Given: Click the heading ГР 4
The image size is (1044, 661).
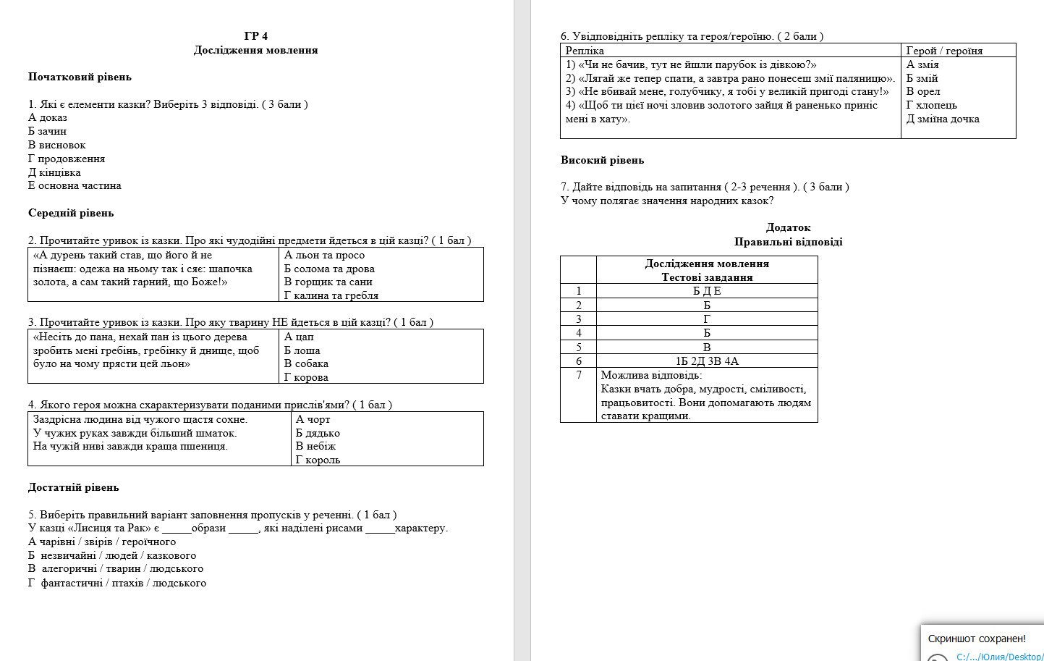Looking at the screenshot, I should [x=256, y=36].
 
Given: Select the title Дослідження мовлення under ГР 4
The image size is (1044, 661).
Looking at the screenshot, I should [x=256, y=50].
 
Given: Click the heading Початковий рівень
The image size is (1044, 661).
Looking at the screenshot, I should [x=80, y=77].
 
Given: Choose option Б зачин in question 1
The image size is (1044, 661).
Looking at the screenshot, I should [x=47, y=131].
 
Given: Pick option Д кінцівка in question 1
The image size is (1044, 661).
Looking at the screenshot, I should [x=54, y=172].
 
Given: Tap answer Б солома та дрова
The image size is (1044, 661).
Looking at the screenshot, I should [x=329, y=269].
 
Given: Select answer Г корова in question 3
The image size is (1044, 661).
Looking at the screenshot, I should [x=306, y=377].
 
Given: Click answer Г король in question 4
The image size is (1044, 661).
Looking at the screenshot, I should [x=318, y=460].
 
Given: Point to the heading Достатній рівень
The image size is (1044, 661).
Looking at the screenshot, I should [x=73, y=487].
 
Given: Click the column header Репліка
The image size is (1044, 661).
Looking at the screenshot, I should [x=585, y=51].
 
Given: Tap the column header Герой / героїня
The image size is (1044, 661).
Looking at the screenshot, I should [x=944, y=51].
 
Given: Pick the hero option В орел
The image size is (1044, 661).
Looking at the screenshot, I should [x=923, y=91].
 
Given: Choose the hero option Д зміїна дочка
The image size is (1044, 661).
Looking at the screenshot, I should [x=943, y=119].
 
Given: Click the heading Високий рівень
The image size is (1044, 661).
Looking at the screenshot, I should [x=602, y=160].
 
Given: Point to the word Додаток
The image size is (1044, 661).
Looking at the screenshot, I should [x=788, y=227].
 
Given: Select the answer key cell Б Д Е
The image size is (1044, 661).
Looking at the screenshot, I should [x=707, y=291].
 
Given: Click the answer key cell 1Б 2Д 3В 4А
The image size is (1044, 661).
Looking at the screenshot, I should [x=707, y=361].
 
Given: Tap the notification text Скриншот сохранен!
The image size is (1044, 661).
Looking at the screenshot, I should [x=977, y=639].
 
